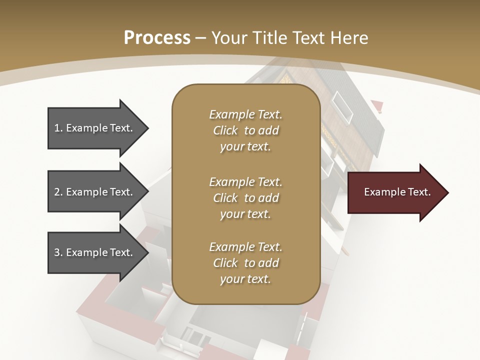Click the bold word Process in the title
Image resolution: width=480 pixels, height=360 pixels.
point(157,38)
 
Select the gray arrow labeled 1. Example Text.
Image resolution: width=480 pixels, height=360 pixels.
point(95,128)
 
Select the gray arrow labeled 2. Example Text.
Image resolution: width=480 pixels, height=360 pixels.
point(95,192)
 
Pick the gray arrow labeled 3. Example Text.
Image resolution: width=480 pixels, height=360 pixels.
point(95,252)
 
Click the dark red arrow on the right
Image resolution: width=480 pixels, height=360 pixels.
point(395,192)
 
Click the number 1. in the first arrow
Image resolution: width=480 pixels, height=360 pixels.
point(58,128)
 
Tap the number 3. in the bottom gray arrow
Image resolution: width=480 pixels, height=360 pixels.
point(58,252)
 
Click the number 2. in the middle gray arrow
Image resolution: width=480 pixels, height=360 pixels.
point(58,192)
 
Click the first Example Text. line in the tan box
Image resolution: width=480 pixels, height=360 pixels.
point(245,114)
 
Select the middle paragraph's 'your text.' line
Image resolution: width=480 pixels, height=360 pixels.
point(245,214)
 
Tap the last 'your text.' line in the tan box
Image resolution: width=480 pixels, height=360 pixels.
point(245,279)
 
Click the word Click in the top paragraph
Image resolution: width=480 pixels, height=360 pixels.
point(225,130)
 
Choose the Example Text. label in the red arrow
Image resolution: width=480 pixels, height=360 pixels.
point(397,192)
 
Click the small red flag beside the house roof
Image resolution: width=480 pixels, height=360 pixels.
point(377,105)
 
